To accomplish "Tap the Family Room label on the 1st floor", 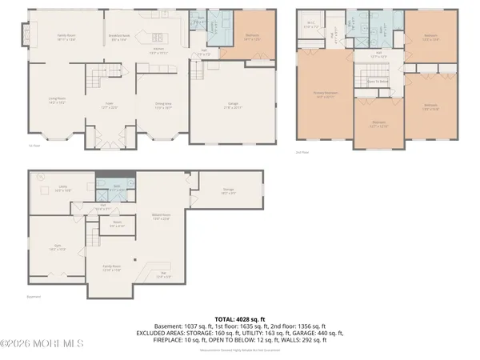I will [66, 37].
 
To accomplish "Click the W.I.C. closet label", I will [311, 24].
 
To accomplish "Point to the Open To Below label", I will [378, 81].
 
